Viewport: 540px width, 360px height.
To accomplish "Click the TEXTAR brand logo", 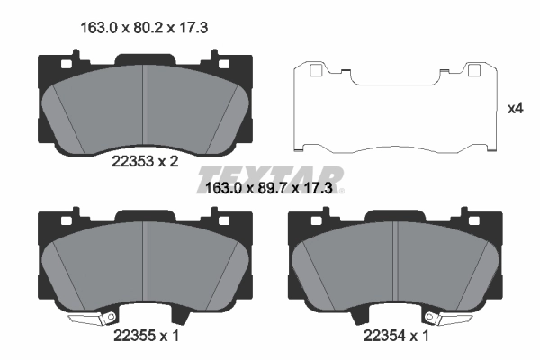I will click(271, 175).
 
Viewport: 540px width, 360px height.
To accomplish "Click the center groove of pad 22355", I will click(146, 261).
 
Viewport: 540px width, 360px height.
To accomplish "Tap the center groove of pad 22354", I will click(396, 261).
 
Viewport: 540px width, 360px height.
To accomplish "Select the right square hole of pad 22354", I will click(470, 219).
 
